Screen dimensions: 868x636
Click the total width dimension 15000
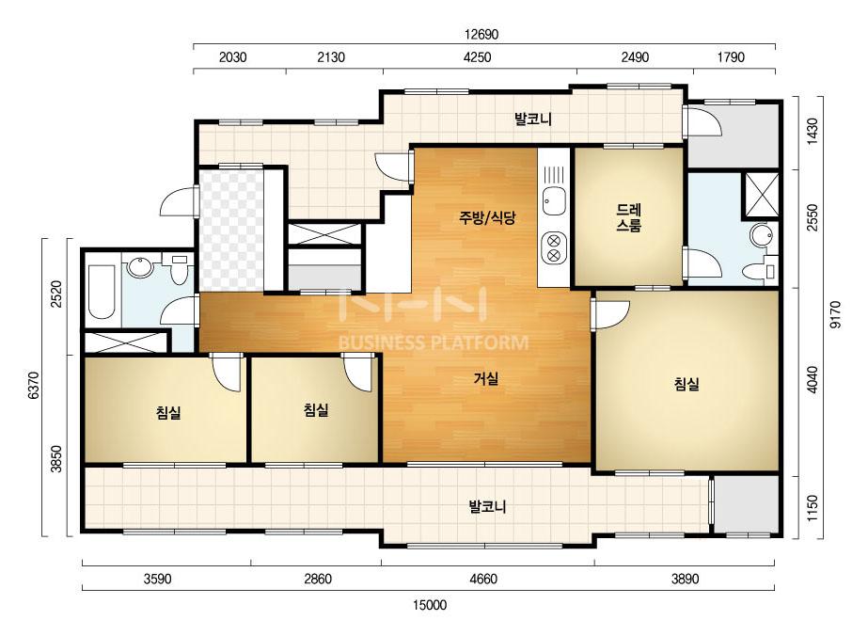pyautogui.click(x=430, y=604)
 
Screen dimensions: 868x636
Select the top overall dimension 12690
pyautogui.click(x=481, y=35)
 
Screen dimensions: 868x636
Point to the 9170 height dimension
pyautogui.click(x=835, y=314)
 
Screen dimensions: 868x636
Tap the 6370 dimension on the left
pyautogui.click(x=34, y=385)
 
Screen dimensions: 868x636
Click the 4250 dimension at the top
pyautogui.click(x=477, y=57)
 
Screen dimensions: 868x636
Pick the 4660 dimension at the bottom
pyautogui.click(x=483, y=579)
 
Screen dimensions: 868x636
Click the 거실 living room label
pyautogui.click(x=486, y=379)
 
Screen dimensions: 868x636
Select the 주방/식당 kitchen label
pyautogui.click(x=487, y=217)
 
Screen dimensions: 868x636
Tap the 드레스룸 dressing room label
pyautogui.click(x=628, y=217)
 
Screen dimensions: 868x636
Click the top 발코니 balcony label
pyautogui.click(x=533, y=119)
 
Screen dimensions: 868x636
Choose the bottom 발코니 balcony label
pyautogui.click(x=487, y=506)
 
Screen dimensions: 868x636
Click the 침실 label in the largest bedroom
pyautogui.click(x=687, y=384)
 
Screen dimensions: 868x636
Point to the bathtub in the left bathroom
pyautogui.click(x=102, y=292)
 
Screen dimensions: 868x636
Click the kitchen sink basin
pyautogui.click(x=554, y=201)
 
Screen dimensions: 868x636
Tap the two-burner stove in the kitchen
pyautogui.click(x=554, y=247)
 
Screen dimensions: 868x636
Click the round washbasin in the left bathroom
pyautogui.click(x=140, y=268)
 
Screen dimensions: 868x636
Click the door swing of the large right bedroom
pyautogui.click(x=613, y=313)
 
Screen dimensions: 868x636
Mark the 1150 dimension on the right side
pyautogui.click(x=813, y=508)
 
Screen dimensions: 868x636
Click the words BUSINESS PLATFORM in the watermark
pyautogui.click(x=434, y=342)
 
